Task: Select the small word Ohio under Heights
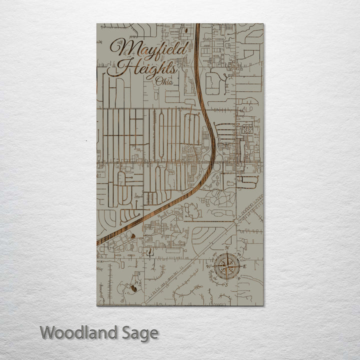(x=164, y=81)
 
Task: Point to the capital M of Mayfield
(x=124, y=48)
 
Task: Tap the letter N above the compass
(x=227, y=248)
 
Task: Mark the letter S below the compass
(x=227, y=284)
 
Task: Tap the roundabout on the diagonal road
(x=235, y=221)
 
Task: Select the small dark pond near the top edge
(x=185, y=30)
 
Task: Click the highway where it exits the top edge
(x=197, y=25)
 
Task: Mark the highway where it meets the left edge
(x=98, y=243)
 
